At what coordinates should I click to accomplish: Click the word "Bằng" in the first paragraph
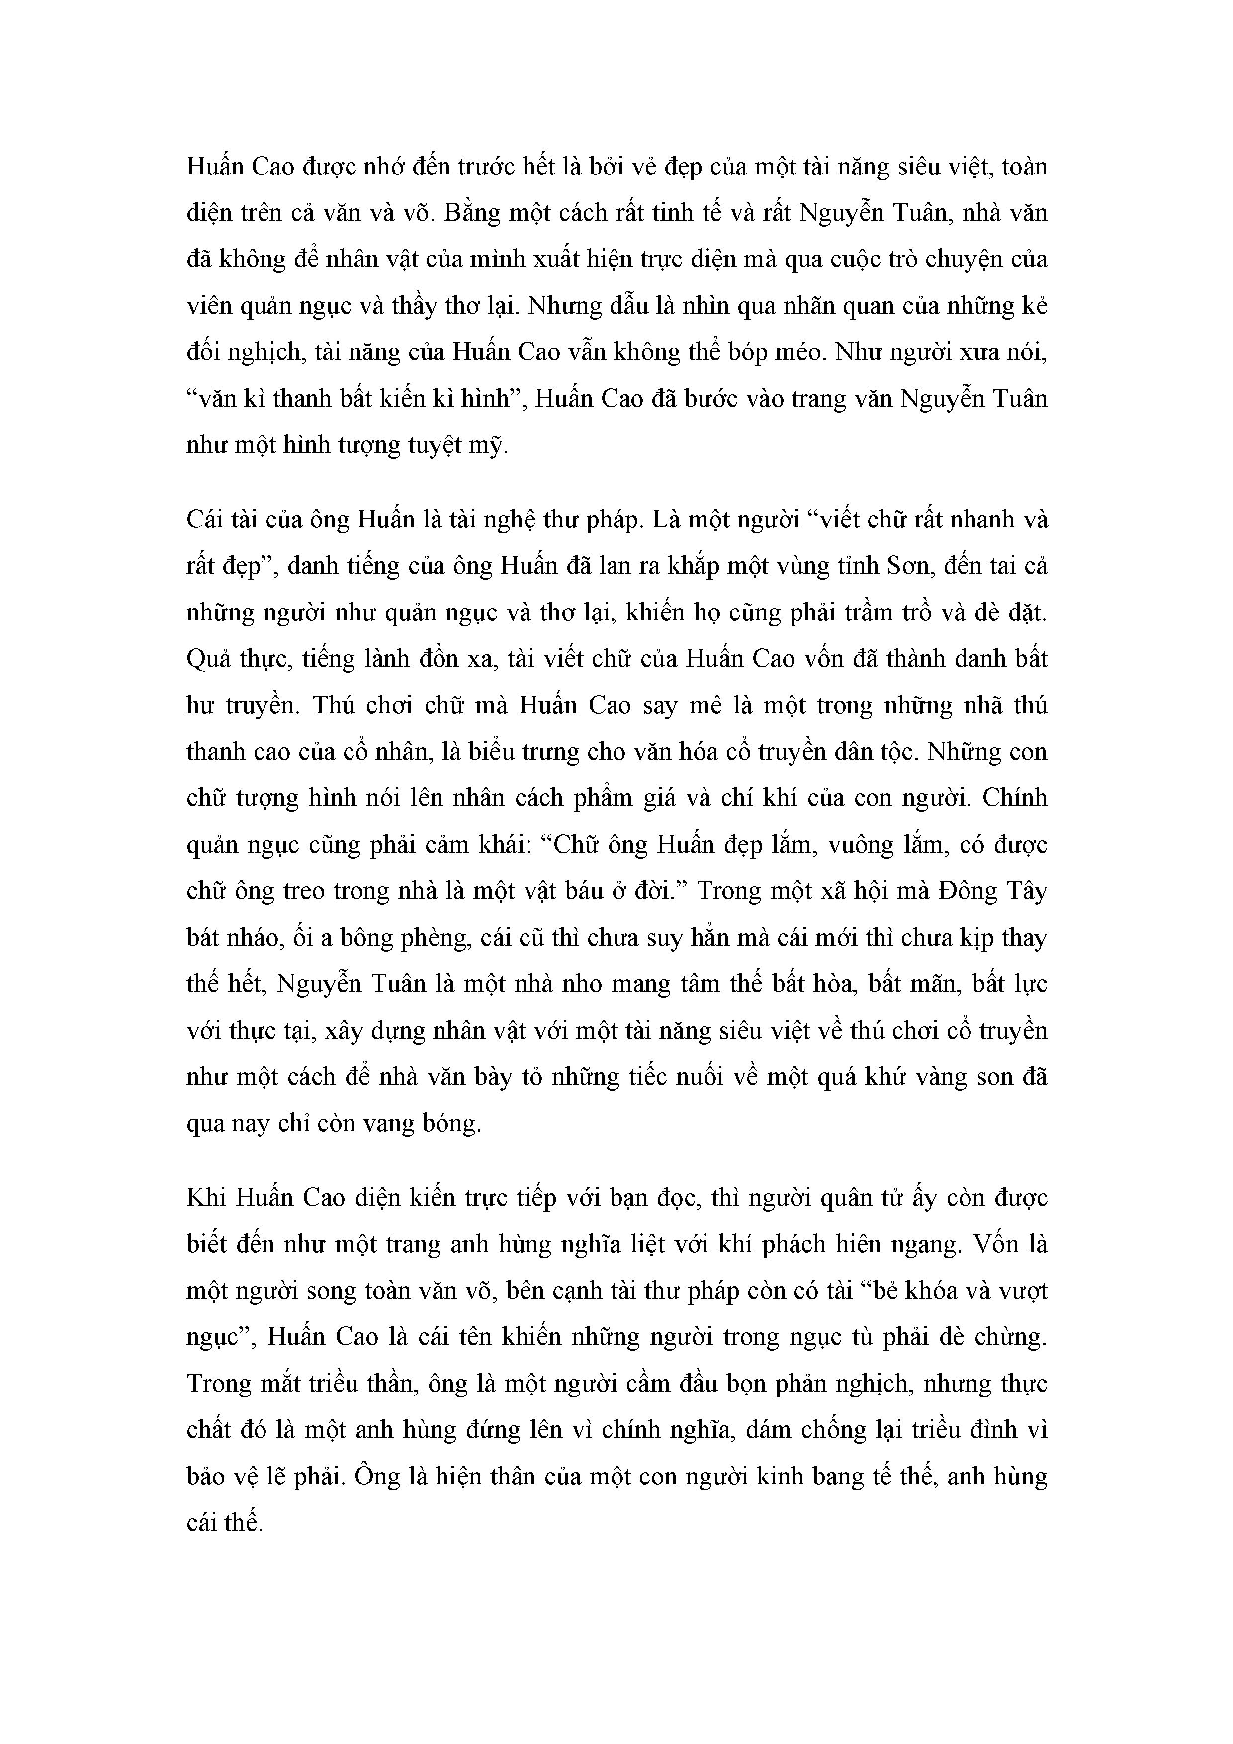(x=475, y=213)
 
